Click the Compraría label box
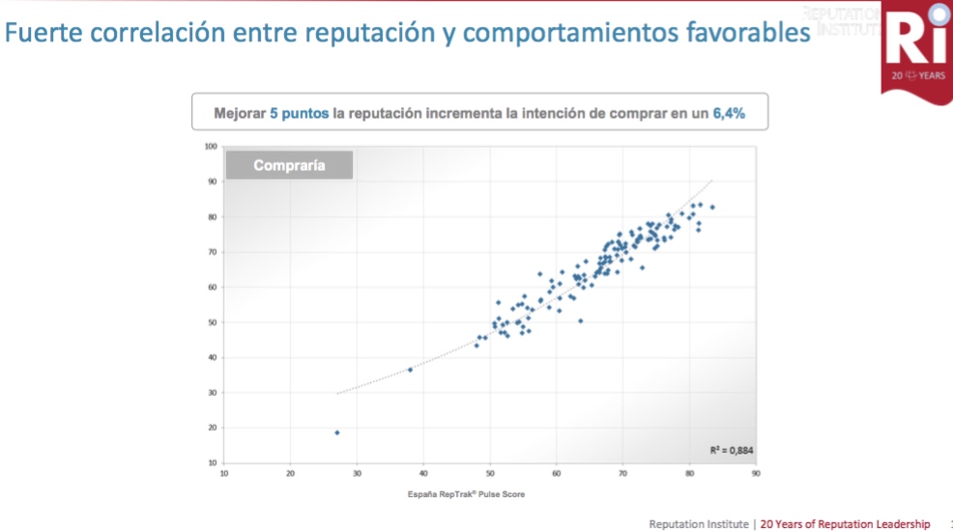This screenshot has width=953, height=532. pyautogui.click(x=289, y=165)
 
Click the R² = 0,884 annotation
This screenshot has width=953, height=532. pyautogui.click(x=731, y=451)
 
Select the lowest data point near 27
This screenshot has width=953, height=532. pyautogui.click(x=336, y=433)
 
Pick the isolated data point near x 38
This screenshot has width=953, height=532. pyautogui.click(x=410, y=370)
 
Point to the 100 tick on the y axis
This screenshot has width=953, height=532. pyautogui.click(x=211, y=147)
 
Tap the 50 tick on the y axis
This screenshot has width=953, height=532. pyautogui.click(x=212, y=322)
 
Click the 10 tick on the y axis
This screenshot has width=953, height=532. pyautogui.click(x=212, y=462)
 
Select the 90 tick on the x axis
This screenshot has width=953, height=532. pyautogui.click(x=756, y=474)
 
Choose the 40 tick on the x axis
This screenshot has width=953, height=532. pyautogui.click(x=423, y=474)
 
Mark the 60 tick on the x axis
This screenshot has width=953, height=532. pyautogui.click(x=557, y=474)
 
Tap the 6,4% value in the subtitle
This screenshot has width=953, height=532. pyautogui.click(x=729, y=113)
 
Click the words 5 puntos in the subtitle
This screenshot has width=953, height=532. pyautogui.click(x=299, y=113)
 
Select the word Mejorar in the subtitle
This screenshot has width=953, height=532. pyautogui.click(x=240, y=113)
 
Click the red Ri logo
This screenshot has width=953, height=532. pyautogui.click(x=915, y=46)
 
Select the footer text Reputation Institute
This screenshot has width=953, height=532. pyautogui.click(x=699, y=524)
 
